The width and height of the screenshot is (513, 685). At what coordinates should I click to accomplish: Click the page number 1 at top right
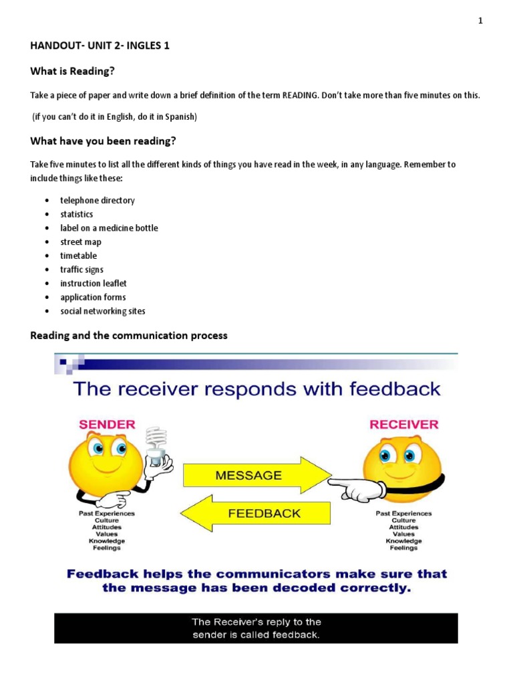[x=480, y=21]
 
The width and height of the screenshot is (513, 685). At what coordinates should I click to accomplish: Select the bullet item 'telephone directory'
[x=97, y=200]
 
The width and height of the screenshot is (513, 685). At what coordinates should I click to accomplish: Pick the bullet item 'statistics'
[x=77, y=214]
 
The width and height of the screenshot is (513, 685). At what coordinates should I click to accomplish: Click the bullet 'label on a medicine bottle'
[x=109, y=228]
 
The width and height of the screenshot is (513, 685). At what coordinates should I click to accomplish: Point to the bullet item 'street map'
[x=81, y=242]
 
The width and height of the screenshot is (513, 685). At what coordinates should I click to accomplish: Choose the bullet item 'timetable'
[x=78, y=256]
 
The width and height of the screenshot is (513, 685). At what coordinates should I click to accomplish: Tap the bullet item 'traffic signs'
[x=81, y=270]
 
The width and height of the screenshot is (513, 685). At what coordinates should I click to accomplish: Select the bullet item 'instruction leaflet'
[x=94, y=284]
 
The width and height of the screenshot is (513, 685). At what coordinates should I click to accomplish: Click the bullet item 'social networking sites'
[x=102, y=311]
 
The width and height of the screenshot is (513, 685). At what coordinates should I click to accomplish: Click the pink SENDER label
[x=107, y=424]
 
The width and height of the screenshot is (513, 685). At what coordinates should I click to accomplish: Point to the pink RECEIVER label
[x=404, y=424]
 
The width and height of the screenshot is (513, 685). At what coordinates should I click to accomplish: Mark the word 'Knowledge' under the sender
[x=107, y=541]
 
